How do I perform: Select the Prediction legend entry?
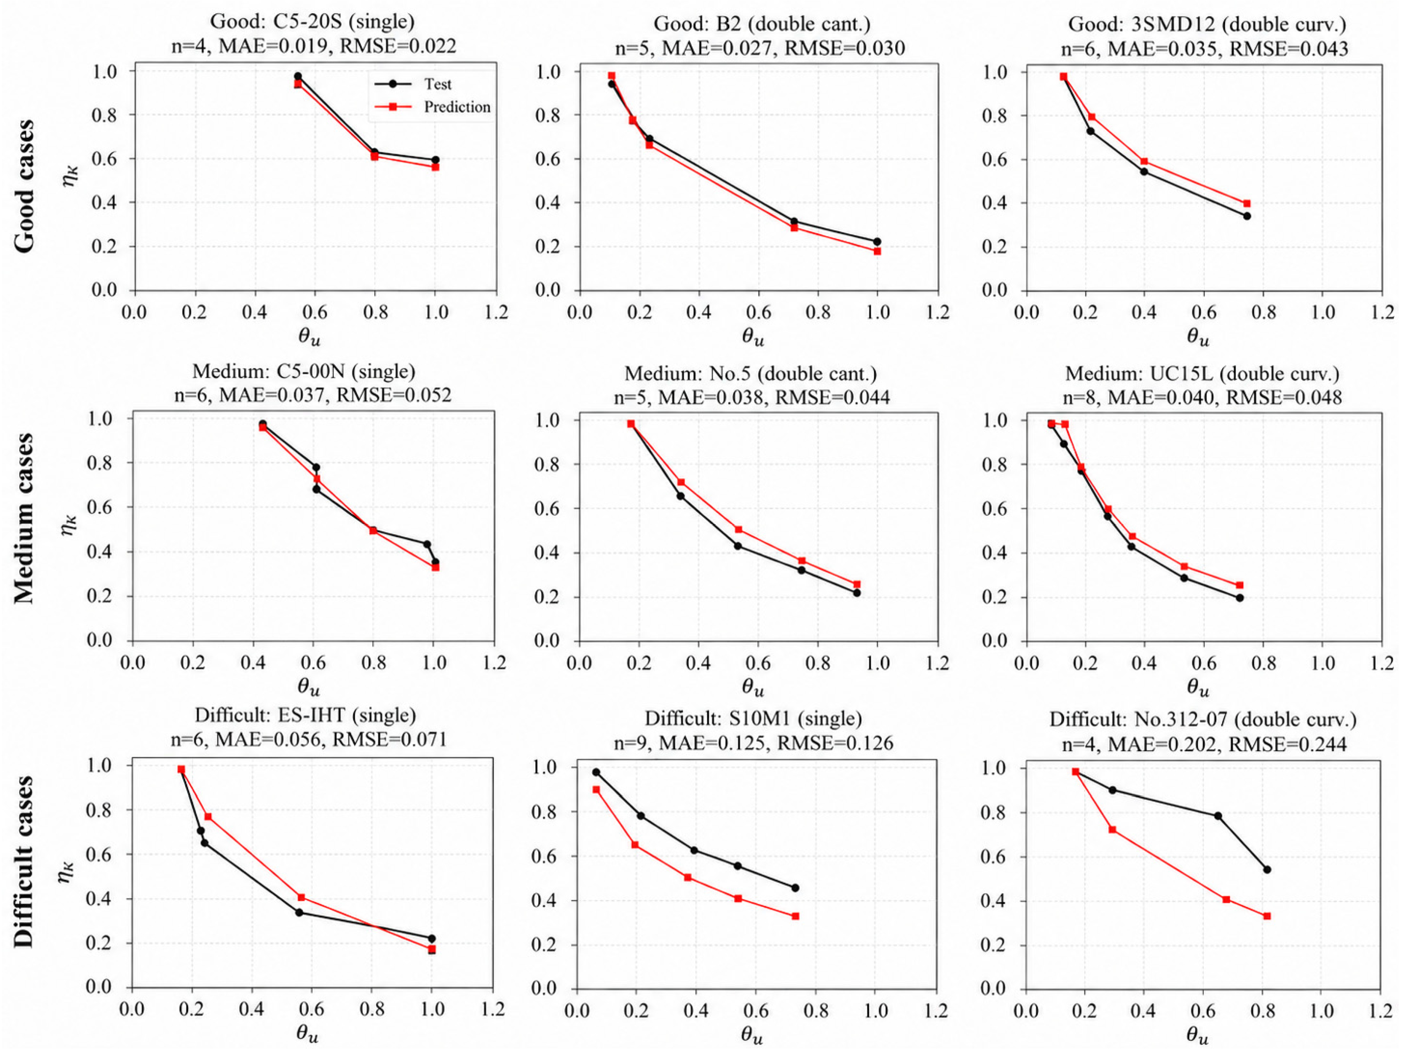pyautogui.click(x=432, y=107)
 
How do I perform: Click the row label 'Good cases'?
pyautogui.click(x=24, y=186)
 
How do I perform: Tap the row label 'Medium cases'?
pyautogui.click(x=24, y=518)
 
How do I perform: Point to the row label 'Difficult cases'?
pyautogui.click(x=24, y=862)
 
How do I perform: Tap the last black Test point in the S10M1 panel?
pyautogui.click(x=795, y=888)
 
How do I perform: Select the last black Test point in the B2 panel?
pyautogui.click(x=877, y=242)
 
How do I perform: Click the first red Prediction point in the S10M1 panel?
pyautogui.click(x=596, y=789)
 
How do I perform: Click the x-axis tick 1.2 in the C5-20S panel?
pyautogui.click(x=495, y=312)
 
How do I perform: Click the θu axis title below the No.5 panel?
pyautogui.click(x=753, y=688)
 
